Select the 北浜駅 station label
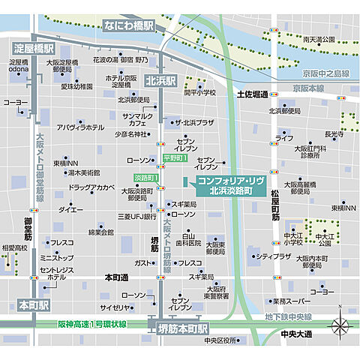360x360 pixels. point(160,80)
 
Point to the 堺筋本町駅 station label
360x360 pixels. point(183,328)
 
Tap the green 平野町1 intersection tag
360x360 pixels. point(175,158)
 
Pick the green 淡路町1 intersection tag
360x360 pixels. point(145,177)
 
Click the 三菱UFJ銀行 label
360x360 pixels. point(136,216)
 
